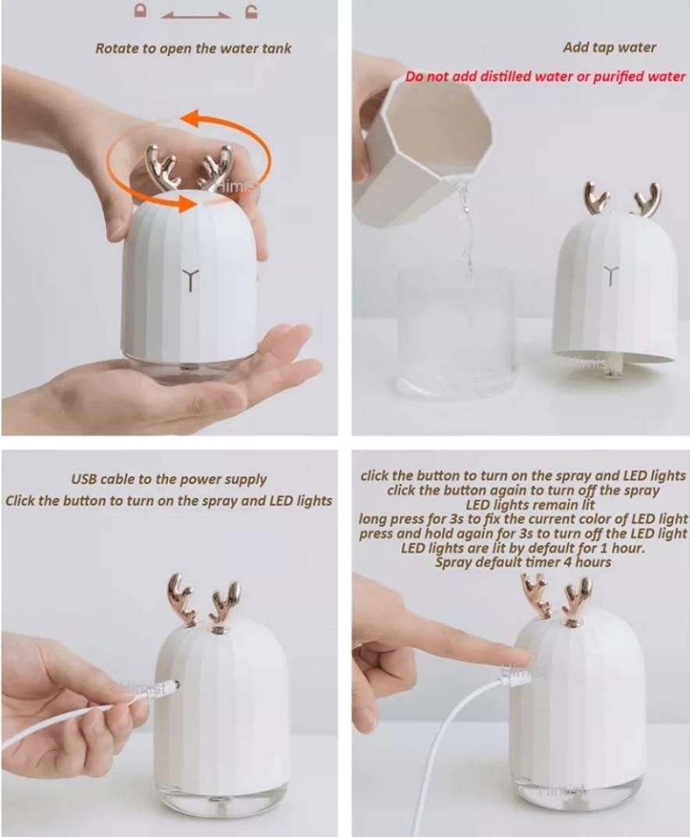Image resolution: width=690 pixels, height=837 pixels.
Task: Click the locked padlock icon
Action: [140, 11]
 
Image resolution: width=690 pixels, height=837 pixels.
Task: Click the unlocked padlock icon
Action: [251, 11]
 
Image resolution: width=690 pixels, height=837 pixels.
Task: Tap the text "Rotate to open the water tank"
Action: [193, 48]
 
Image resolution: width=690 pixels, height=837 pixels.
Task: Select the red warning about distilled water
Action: [545, 76]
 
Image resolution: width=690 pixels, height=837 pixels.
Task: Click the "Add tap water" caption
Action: [609, 48]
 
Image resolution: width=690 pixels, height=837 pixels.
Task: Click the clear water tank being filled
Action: [455, 330]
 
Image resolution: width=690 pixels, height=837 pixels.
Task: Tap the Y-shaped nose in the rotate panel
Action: [190, 279]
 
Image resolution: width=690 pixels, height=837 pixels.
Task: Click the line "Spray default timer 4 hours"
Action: [523, 562]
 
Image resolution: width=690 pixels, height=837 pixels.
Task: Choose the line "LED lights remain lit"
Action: [530, 505]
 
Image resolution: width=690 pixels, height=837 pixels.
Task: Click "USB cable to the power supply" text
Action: [168, 480]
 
